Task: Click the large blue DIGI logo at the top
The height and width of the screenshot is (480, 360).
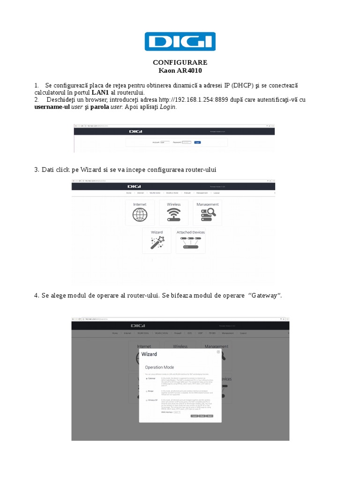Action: [x=180, y=41]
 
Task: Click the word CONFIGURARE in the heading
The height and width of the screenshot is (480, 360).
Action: [x=180, y=63]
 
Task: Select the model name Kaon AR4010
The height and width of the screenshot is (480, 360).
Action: [x=180, y=70]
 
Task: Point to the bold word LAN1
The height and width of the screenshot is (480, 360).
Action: [x=100, y=92]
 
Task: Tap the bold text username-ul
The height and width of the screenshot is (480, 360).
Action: [x=52, y=107]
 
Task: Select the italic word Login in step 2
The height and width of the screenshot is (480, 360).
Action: [x=168, y=107]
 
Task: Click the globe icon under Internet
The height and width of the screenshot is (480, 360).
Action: [x=140, y=214]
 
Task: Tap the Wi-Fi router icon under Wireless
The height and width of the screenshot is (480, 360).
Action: [x=173, y=214]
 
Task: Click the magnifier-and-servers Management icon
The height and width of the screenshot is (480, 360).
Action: [x=207, y=214]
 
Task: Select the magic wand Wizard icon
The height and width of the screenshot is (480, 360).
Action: [x=156, y=242]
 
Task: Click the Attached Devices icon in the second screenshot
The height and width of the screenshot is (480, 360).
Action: [x=190, y=242]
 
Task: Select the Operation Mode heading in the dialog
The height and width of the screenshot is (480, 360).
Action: [x=159, y=367]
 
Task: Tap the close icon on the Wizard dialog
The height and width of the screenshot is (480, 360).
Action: [x=218, y=351]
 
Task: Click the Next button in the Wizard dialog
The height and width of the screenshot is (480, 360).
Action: [x=210, y=416]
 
